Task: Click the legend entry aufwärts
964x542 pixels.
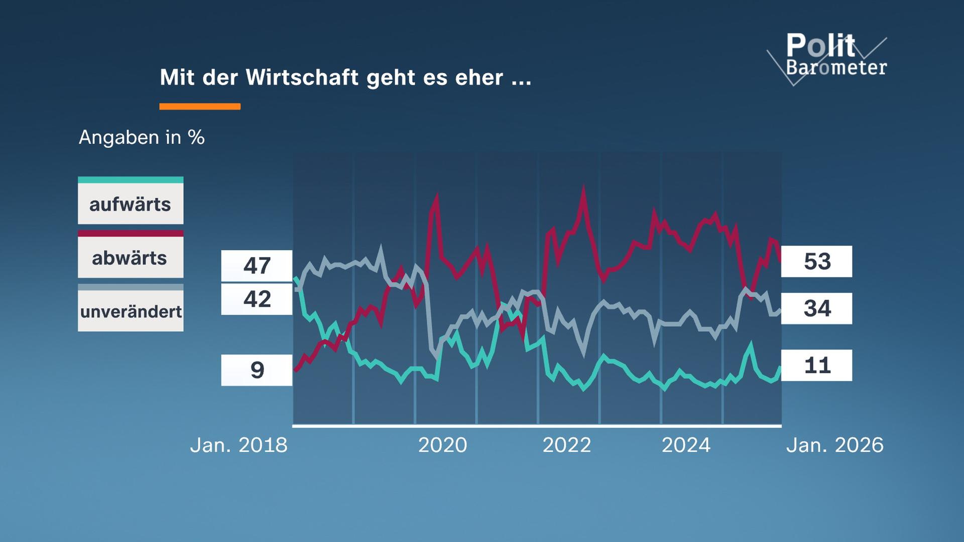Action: click(131, 204)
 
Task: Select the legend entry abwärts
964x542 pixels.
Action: click(131, 258)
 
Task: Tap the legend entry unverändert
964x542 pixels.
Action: click(131, 312)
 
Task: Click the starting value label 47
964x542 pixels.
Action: click(257, 265)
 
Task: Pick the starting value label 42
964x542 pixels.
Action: click(257, 299)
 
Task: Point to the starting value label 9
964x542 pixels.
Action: click(257, 370)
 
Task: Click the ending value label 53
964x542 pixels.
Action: click(816, 261)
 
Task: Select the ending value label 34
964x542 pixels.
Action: click(816, 308)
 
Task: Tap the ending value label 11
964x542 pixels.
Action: click(816, 365)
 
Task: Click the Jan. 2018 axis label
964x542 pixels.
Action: click(238, 445)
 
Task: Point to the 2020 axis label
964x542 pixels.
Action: click(442, 445)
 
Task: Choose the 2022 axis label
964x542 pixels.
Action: click(566, 445)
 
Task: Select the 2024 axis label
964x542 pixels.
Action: click(686, 445)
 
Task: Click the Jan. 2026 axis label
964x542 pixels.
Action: click(834, 445)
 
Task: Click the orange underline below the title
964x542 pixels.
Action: click(200, 106)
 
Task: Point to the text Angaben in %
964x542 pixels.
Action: click(142, 137)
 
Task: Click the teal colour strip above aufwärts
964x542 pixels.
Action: click(131, 180)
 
